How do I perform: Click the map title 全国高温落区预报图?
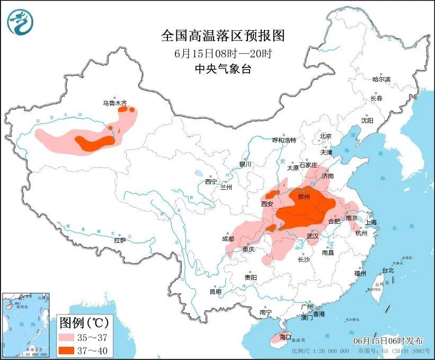pos(223,36)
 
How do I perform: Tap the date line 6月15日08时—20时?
pos(223,54)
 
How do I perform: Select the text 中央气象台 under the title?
pos(223,69)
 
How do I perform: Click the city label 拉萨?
pos(120,240)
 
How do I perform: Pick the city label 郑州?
pos(304,197)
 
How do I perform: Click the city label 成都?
pos(228,239)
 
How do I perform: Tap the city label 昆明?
pos(215,292)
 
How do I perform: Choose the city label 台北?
pos(388,270)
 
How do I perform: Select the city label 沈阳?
pos(367,120)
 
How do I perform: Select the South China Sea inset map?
pos(26,324)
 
